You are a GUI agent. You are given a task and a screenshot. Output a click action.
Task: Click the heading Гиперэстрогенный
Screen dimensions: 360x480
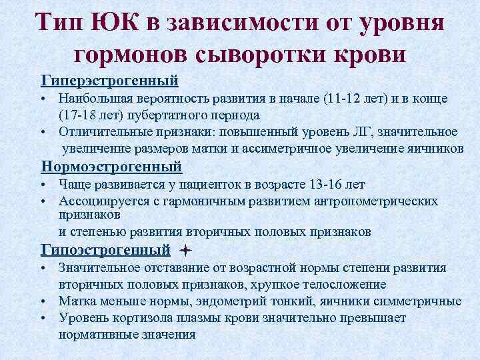pos(110,81)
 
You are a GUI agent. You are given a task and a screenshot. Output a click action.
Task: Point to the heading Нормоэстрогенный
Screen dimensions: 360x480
pos(111,165)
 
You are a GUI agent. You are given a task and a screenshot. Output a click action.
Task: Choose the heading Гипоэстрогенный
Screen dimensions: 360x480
pos(105,251)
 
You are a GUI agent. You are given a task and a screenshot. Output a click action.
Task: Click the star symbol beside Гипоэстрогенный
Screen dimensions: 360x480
pos(185,251)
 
